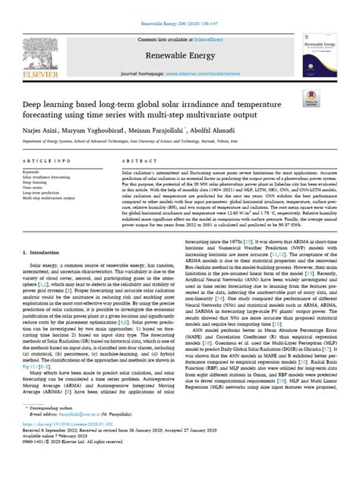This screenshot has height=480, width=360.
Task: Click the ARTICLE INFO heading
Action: point(48,161)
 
